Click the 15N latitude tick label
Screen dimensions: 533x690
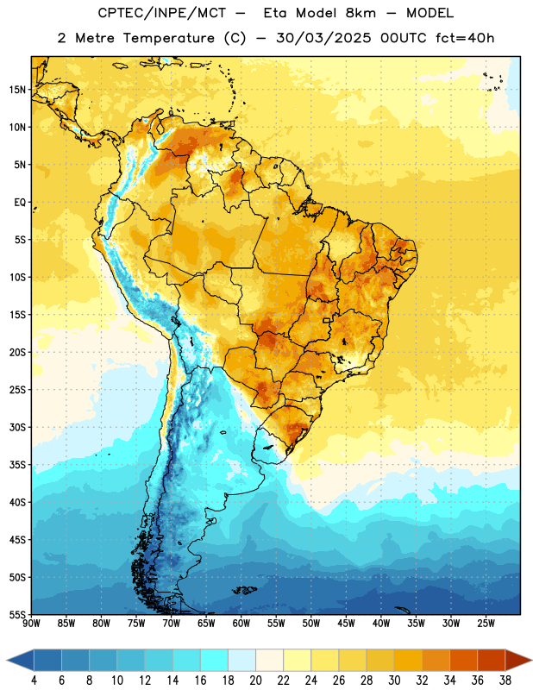pyautogui.click(x=17, y=90)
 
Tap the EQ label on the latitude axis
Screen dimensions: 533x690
pyautogui.click(x=20, y=203)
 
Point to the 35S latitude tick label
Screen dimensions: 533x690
pyautogui.click(x=17, y=465)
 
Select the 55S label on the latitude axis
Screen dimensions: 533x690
pyautogui.click(x=17, y=614)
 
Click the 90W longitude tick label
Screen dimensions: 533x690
pyautogui.click(x=31, y=624)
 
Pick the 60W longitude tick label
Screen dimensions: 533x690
pyautogui.click(x=241, y=624)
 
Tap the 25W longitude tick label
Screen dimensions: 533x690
pyautogui.click(x=486, y=624)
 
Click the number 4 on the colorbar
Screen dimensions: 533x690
pyautogui.click(x=34, y=681)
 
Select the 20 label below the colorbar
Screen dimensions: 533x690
pyautogui.click(x=255, y=681)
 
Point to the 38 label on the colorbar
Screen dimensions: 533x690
pyautogui.click(x=505, y=681)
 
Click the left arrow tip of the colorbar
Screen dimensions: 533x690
pyautogui.click(x=7, y=661)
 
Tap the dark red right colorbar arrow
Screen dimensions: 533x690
pyautogui.click(x=518, y=661)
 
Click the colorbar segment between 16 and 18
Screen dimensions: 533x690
pyautogui.click(x=214, y=661)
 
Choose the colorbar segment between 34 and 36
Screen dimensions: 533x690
pyautogui.click(x=463, y=661)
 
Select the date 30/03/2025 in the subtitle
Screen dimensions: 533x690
pyautogui.click(x=323, y=38)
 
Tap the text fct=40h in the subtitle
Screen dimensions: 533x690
pyautogui.click(x=465, y=38)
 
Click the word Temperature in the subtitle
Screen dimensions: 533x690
pyautogui.click(x=168, y=38)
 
